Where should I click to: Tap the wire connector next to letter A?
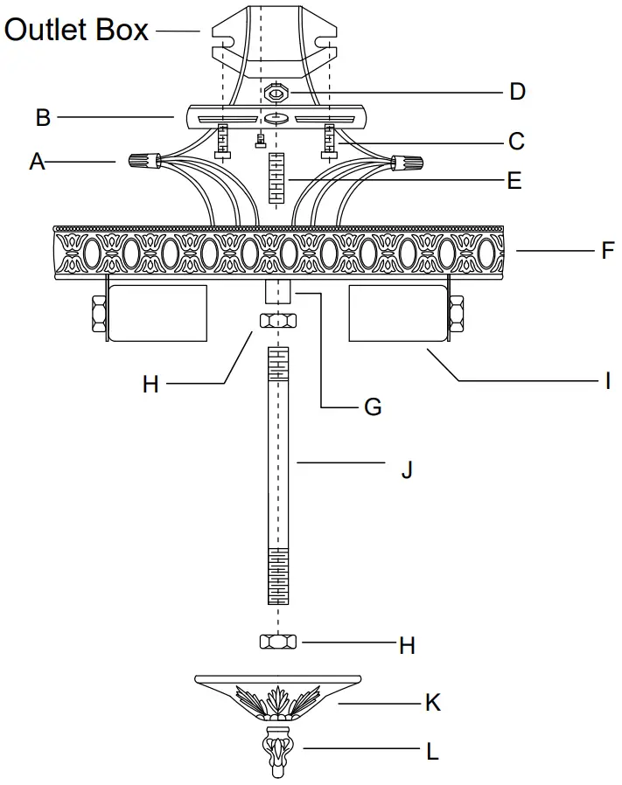tap(143, 160)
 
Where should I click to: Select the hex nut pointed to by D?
tap(276, 92)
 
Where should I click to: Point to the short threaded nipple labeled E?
tap(277, 178)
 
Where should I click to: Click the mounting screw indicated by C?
tap(330, 139)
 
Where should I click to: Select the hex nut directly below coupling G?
tap(277, 322)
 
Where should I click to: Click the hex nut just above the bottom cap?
tap(277, 643)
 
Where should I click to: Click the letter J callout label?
tap(406, 470)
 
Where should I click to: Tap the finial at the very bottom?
tap(277, 751)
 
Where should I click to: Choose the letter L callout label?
tap(431, 751)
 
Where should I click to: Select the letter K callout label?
tap(432, 702)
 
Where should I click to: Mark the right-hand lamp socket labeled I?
tap(398, 313)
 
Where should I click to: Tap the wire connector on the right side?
tap(408, 163)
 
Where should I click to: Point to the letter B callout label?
tap(41, 115)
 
